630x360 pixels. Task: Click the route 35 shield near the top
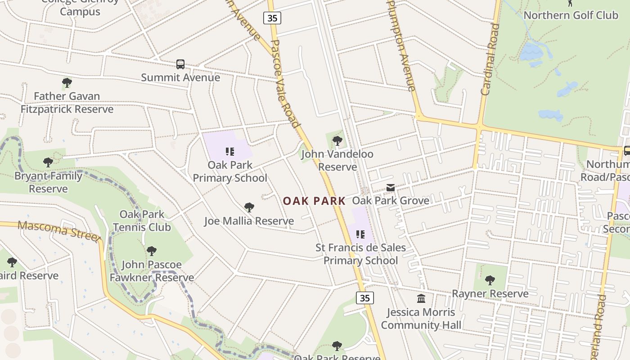click(272, 18)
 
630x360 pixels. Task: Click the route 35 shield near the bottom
click(364, 298)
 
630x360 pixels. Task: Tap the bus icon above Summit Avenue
click(180, 64)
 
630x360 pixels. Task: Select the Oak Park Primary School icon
click(230, 152)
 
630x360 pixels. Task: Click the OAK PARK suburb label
click(314, 201)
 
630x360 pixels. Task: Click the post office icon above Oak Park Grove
click(391, 188)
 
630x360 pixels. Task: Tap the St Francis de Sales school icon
click(360, 234)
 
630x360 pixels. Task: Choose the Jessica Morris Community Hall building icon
click(421, 298)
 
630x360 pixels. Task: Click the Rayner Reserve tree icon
click(490, 280)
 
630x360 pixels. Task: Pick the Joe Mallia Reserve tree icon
click(249, 207)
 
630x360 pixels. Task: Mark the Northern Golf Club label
click(571, 15)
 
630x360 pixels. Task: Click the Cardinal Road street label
click(490, 59)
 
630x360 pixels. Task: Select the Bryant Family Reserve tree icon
click(48, 162)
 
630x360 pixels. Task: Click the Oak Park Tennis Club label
click(142, 220)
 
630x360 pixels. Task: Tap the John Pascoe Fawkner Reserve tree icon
click(152, 251)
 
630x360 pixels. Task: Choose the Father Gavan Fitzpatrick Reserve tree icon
click(67, 83)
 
